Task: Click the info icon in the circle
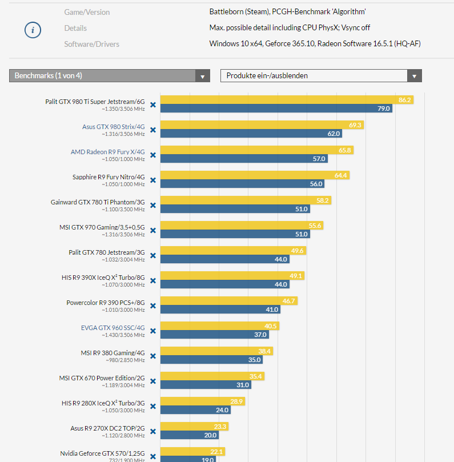click(33, 30)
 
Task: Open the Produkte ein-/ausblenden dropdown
click(321, 76)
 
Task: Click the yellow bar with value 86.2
click(286, 100)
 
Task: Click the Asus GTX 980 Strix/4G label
click(114, 127)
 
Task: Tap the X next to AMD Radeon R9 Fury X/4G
click(152, 155)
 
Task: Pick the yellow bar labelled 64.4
click(255, 175)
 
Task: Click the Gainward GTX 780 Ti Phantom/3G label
click(98, 202)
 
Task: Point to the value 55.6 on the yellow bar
click(315, 226)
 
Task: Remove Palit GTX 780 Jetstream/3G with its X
click(152, 256)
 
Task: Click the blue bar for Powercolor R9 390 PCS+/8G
click(220, 310)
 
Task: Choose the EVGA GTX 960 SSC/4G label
click(113, 328)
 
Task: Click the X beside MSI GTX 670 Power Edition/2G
click(152, 381)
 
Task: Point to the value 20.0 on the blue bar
click(210, 435)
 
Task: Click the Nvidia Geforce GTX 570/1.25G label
click(102, 453)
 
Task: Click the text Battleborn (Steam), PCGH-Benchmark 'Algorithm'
click(287, 12)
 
